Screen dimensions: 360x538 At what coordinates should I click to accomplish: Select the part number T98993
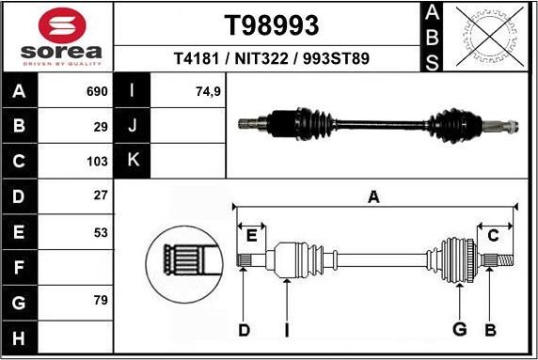point(271,24)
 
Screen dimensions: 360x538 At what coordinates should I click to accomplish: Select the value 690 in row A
point(97,93)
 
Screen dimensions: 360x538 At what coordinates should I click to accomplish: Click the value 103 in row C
point(97,162)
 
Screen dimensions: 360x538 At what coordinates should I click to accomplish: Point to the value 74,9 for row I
point(207,93)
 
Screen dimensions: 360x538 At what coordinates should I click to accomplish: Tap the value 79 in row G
point(101,302)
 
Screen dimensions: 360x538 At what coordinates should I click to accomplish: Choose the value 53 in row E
point(101,231)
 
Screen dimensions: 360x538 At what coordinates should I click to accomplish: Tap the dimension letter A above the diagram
point(373,197)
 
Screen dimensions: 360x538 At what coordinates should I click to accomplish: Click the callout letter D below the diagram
point(244,330)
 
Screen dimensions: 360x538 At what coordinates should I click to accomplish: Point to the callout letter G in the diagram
point(460,330)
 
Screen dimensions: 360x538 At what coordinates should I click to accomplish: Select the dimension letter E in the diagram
point(250,236)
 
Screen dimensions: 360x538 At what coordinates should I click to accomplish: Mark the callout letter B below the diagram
point(489,330)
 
